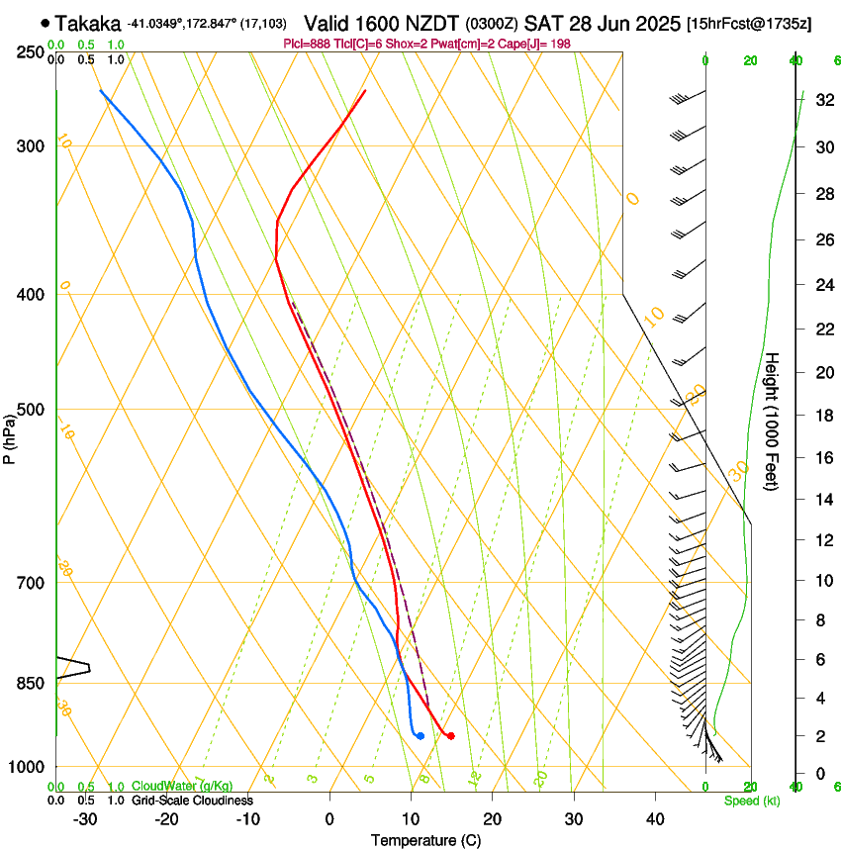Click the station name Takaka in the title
89,23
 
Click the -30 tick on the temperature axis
86,818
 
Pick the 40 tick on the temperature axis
655,818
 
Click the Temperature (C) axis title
424,840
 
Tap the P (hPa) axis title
9,436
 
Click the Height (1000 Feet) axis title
773,422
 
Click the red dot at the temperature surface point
450,735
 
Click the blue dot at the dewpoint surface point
420,735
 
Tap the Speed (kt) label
748,801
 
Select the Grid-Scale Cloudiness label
192,801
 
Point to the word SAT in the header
542,23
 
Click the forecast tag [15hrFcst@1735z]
748,23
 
